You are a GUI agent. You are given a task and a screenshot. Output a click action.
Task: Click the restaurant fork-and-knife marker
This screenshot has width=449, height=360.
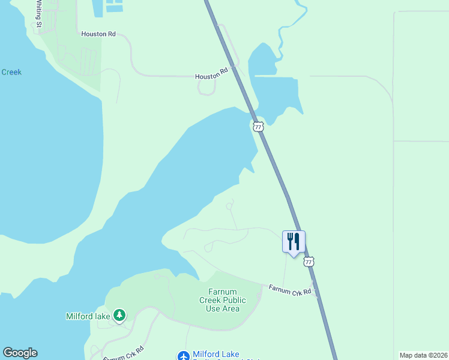294,242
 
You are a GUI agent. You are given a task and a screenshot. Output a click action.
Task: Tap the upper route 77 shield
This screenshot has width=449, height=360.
258,126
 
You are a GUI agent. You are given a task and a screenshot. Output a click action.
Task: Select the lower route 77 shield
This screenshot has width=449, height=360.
309,262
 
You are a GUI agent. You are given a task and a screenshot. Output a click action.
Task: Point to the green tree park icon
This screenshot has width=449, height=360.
119,315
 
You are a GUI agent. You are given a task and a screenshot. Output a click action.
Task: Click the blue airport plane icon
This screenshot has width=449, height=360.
184,356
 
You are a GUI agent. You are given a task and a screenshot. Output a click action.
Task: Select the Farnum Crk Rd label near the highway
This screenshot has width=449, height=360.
290,290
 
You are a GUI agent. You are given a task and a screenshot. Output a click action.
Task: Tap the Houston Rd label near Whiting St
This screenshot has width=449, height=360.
98,35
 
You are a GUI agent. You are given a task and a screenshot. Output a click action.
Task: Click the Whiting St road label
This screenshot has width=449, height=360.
38,14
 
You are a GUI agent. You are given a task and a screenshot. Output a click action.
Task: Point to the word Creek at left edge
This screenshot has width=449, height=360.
11,72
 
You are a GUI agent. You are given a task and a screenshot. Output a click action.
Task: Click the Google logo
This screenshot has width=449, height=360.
20,353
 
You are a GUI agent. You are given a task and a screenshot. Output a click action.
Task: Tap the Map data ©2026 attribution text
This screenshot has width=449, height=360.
424,355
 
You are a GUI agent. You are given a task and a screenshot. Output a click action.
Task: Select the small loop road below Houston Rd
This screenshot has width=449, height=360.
206,88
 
